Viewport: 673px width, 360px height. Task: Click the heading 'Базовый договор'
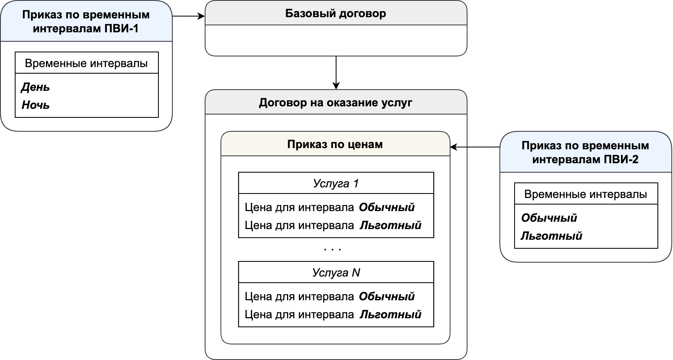pyautogui.click(x=335, y=13)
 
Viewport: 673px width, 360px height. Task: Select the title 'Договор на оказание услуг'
pyautogui.click(x=335, y=103)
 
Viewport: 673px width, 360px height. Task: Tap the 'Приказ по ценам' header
pyautogui.click(x=335, y=144)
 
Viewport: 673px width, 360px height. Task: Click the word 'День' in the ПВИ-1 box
pyautogui.click(x=36, y=87)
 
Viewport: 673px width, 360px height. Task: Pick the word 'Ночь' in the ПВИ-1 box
pyautogui.click(x=36, y=105)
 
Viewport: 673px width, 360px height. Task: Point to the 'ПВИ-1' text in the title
pyautogui.click(x=122, y=29)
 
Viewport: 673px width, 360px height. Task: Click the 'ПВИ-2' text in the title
pyautogui.click(x=621, y=159)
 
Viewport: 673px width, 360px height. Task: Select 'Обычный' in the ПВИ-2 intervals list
pyautogui.click(x=549, y=218)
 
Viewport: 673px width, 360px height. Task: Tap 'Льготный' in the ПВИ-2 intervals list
pyautogui.click(x=551, y=236)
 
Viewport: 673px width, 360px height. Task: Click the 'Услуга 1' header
pyautogui.click(x=336, y=183)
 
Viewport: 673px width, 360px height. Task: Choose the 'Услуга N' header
pyautogui.click(x=336, y=272)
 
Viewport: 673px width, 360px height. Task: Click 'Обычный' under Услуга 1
pyautogui.click(x=387, y=207)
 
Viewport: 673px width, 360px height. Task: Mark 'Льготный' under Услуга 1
pyautogui.click(x=391, y=225)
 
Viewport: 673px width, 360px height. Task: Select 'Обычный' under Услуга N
pyautogui.click(x=387, y=296)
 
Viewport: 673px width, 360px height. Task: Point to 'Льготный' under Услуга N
pyautogui.click(x=391, y=314)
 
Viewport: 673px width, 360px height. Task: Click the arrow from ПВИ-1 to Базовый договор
pyautogui.click(x=189, y=16)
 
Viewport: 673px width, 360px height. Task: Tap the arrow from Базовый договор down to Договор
pyautogui.click(x=336, y=73)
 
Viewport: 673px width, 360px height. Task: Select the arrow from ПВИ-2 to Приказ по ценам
pyautogui.click(x=475, y=147)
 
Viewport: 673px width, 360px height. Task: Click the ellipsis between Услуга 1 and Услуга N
pyautogui.click(x=332, y=249)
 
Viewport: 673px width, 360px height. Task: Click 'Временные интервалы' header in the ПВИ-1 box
pyautogui.click(x=86, y=63)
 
